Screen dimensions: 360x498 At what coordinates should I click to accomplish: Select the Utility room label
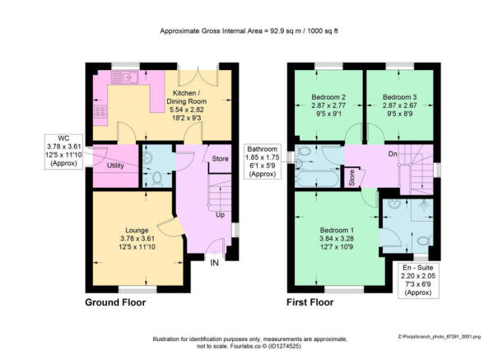pyautogui.click(x=114, y=166)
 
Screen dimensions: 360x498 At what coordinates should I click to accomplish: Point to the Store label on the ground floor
pyautogui.click(x=219, y=158)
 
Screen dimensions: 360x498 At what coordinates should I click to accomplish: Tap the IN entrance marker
pyautogui.click(x=215, y=263)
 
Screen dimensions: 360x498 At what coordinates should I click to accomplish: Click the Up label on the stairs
pyautogui.click(x=220, y=215)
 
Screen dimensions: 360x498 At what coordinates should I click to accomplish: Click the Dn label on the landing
pyautogui.click(x=394, y=153)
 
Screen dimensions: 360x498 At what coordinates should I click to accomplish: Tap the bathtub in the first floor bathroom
pyautogui.click(x=314, y=176)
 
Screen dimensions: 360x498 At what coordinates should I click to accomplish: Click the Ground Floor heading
pyautogui.click(x=115, y=302)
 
